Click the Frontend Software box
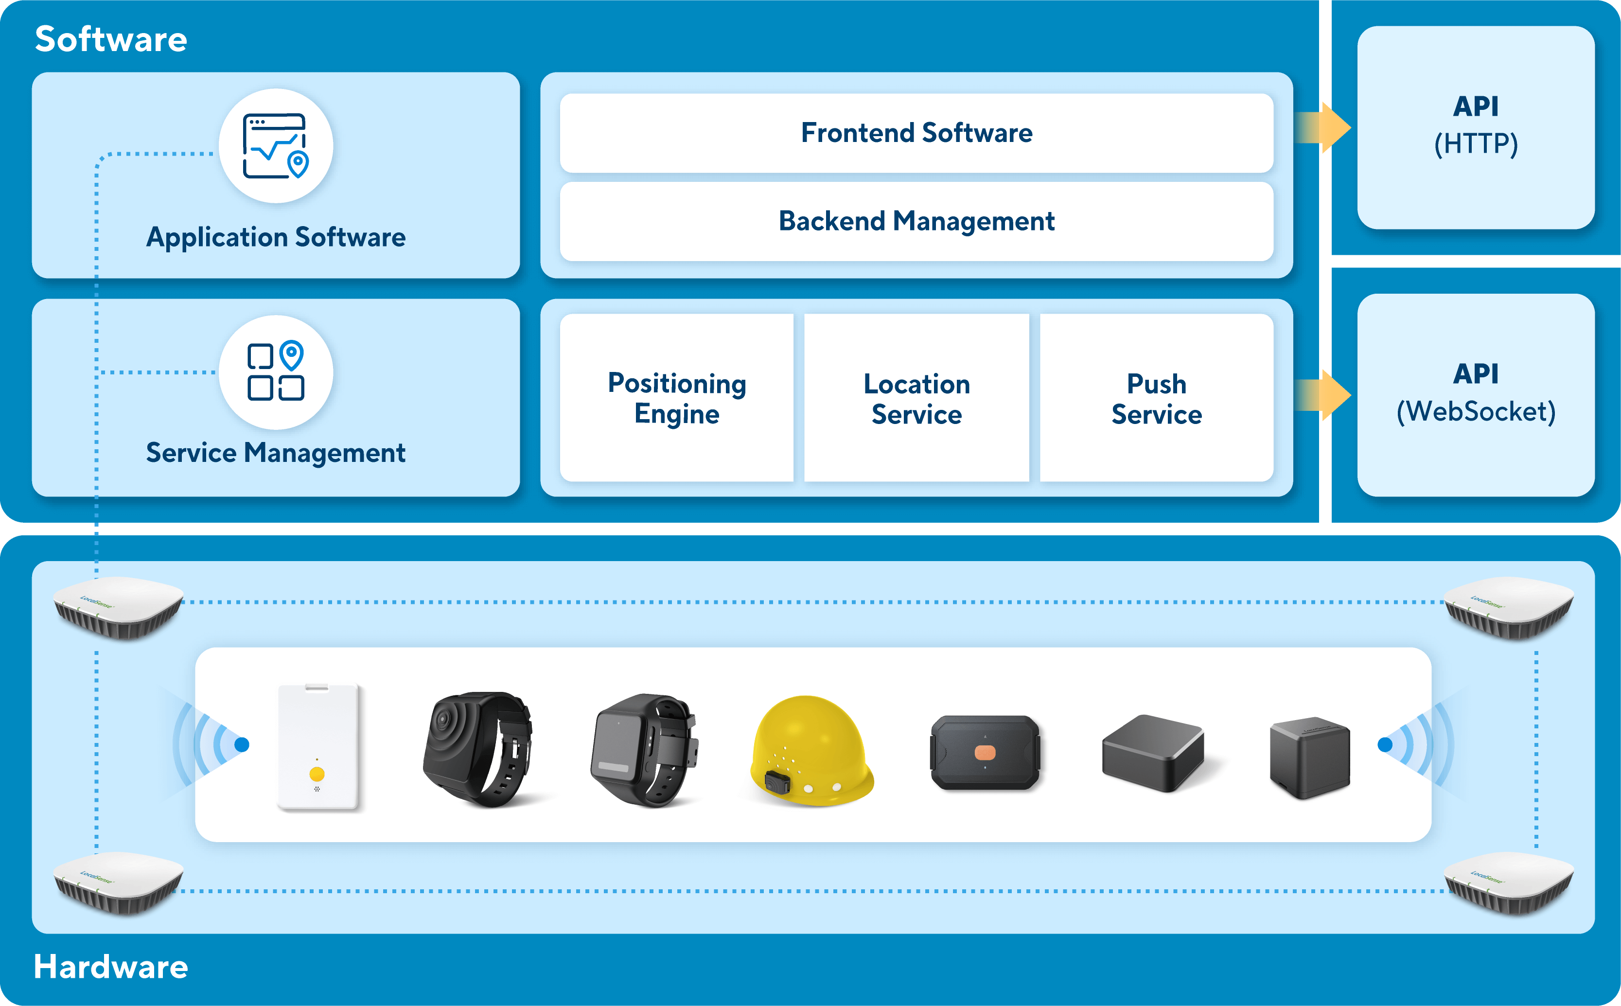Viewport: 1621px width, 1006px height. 916,133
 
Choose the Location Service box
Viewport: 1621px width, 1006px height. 916,398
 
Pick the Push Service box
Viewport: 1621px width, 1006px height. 1156,398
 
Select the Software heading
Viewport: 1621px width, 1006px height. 111,39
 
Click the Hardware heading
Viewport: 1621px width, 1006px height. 111,966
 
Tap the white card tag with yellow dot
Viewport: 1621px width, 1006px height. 318,746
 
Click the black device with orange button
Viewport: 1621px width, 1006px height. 985,753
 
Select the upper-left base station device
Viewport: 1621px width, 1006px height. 119,607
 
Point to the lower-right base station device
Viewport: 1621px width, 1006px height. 1509,883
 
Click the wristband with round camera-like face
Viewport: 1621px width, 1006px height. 477,748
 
